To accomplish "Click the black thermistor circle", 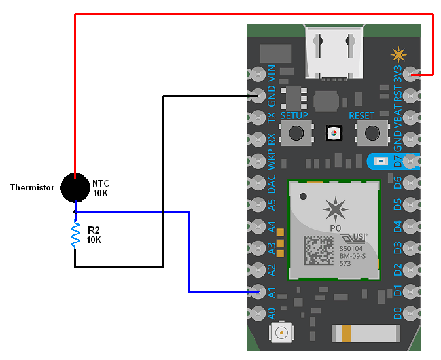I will pos(75,188).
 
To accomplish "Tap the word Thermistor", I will pos(32,188).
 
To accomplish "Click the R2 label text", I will pos(93,230).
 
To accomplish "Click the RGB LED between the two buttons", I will pos(334,134).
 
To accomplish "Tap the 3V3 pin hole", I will pos(411,75).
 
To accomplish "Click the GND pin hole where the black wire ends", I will pos(256,97).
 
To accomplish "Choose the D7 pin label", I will pos(397,161).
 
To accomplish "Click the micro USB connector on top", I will pos(334,51).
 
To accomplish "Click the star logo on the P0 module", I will pos(336,208).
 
